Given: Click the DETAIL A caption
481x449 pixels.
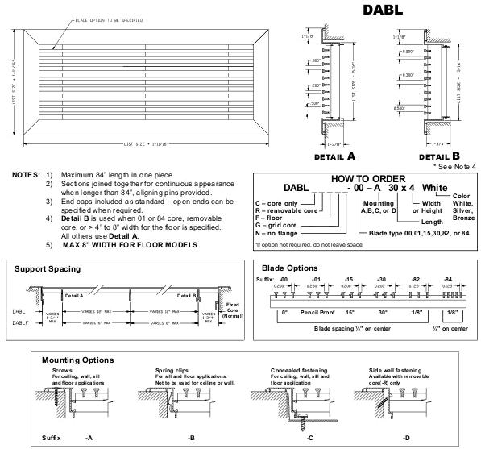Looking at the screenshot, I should pos(330,154).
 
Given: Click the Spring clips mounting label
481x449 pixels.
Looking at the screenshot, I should pos(172,372).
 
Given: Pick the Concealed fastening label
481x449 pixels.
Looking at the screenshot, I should pos(286,372).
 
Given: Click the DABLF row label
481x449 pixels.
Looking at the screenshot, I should pos(25,322).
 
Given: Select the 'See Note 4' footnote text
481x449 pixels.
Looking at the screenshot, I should pos(452,165).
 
